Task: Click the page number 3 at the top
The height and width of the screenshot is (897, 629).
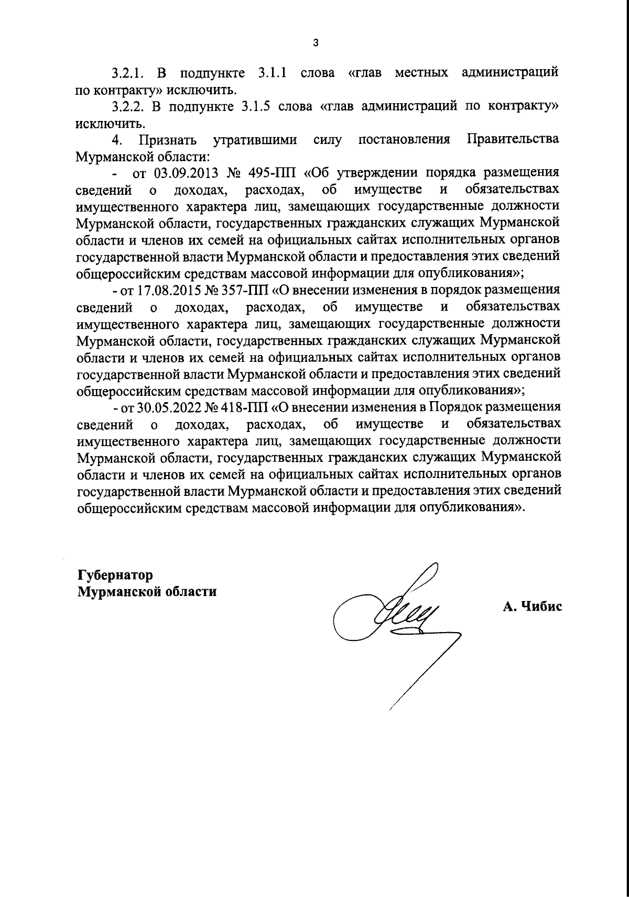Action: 315,43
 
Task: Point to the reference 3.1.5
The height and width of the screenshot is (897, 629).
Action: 256,107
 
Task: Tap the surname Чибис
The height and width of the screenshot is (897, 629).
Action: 541,607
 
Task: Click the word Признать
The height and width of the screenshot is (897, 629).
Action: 168,141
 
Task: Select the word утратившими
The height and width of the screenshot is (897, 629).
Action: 255,141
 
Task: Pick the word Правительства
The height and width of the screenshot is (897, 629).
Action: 512,140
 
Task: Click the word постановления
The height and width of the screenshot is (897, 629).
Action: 404,140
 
